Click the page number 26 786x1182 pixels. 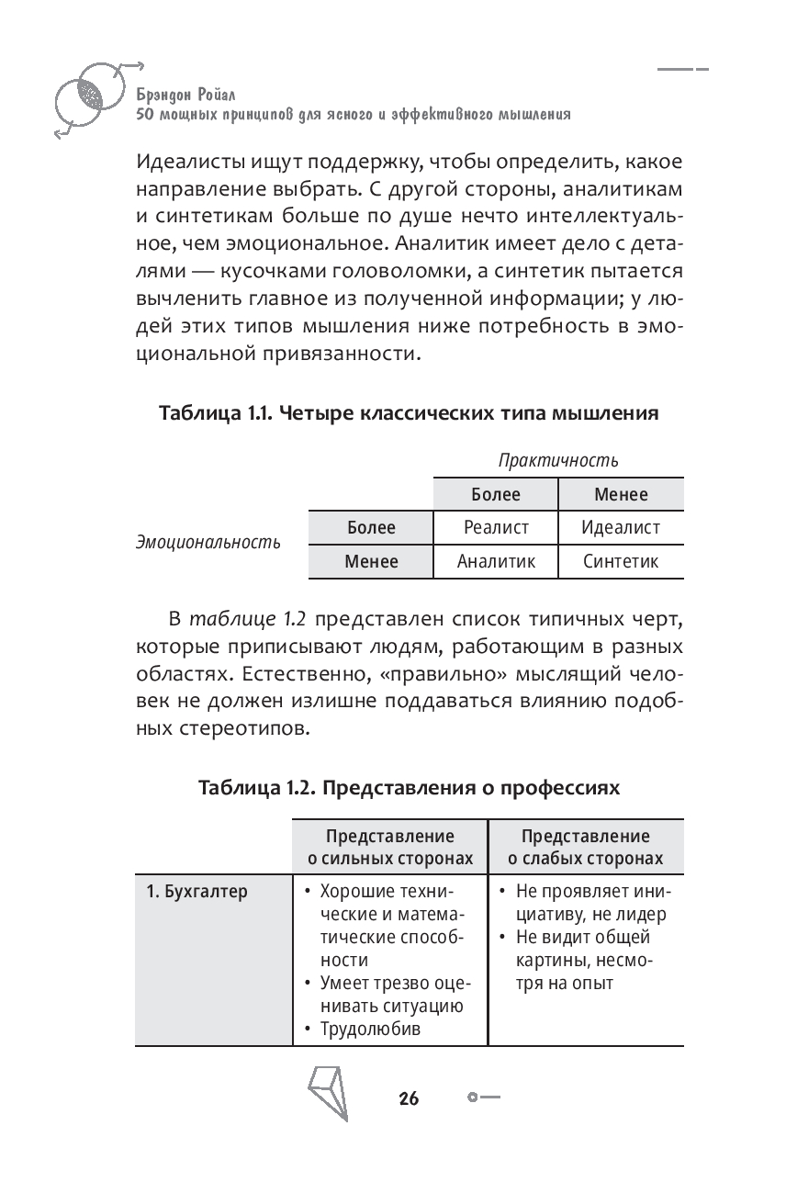tap(409, 1098)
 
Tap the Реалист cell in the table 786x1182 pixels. tap(496, 528)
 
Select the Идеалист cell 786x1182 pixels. tap(621, 528)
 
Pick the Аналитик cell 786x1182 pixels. tap(496, 561)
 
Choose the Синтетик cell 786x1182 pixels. tap(621, 561)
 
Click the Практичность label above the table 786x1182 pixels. tap(557, 459)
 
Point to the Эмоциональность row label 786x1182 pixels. tap(208, 543)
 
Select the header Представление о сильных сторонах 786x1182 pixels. tap(390, 848)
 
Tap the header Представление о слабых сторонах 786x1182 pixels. tap(586, 848)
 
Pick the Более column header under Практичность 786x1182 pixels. tap(496, 494)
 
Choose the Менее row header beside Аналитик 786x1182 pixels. tap(371, 561)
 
